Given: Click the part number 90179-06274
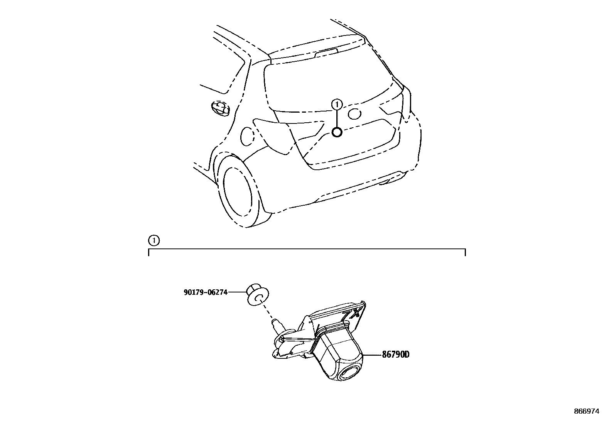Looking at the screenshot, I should (205, 292).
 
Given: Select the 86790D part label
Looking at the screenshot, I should (395, 354).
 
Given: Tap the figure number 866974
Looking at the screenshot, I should (587, 411).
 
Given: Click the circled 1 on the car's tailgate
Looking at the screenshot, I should (337, 104).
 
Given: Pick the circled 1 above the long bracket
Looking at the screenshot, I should (153, 240).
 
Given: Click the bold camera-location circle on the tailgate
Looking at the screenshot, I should (337, 132).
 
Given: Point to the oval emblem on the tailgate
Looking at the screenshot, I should (354, 113).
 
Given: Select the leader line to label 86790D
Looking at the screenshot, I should (372, 355).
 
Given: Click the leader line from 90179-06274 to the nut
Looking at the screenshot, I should (237, 292).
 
